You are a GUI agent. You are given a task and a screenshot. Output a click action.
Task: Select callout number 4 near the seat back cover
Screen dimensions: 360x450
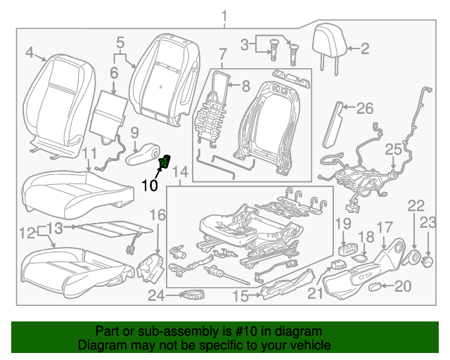30,52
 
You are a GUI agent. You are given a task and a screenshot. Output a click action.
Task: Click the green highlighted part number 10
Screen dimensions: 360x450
164,162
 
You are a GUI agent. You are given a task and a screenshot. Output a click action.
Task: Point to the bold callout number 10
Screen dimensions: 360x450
150,186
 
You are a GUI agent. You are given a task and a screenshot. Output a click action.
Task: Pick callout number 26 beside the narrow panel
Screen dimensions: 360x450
364,108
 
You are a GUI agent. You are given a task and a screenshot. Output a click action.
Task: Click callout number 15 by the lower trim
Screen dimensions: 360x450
240,297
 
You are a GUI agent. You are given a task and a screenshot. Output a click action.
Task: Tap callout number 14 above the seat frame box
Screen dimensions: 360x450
181,172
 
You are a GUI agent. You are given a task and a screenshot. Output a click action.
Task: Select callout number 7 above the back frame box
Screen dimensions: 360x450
222,53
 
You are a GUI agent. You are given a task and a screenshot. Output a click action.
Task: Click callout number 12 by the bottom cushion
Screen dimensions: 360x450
26,232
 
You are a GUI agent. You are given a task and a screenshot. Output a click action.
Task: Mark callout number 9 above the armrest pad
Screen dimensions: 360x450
134,131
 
